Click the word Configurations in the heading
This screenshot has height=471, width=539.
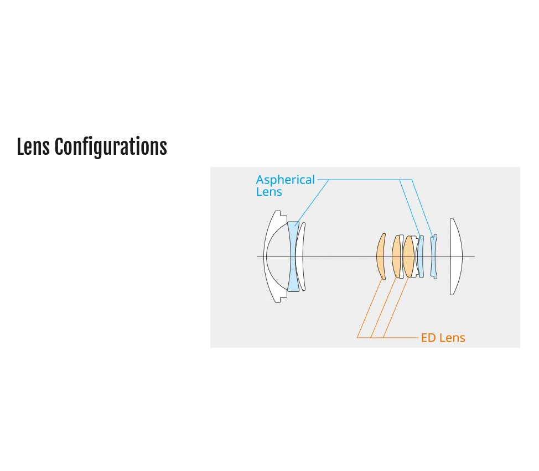[111, 147]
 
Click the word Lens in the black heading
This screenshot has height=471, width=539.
[33, 146]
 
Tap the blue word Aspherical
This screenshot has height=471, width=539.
[286, 180]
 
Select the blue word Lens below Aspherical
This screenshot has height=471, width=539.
[269, 192]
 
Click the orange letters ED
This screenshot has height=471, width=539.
[428, 338]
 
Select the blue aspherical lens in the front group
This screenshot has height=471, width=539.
[293, 257]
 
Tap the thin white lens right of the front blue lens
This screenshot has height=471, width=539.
[301, 257]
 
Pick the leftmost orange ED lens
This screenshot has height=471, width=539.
[381, 257]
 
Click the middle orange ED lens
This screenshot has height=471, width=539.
[396, 257]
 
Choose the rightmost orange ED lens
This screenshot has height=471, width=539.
[408, 257]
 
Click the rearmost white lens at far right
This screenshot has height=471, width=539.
[457, 257]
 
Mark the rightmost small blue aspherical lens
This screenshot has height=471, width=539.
[434, 257]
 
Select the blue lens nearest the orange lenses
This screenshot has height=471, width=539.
[421, 257]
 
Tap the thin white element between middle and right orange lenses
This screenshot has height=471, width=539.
[402, 257]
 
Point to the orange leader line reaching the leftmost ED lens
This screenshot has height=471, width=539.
[370, 308]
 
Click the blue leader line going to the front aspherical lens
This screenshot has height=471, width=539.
[312, 202]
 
